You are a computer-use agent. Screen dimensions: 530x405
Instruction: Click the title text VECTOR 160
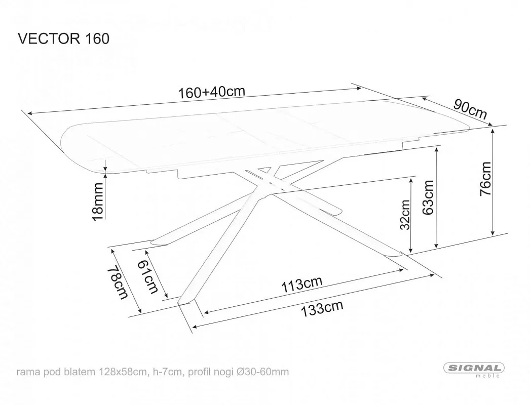pyautogui.click(x=63, y=38)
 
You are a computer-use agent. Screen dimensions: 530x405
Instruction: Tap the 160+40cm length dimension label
pyautogui.click(x=211, y=92)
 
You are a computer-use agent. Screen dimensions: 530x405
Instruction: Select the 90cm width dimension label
pyautogui.click(x=470, y=109)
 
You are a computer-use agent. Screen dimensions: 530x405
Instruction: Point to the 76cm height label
pyautogui.click(x=485, y=179)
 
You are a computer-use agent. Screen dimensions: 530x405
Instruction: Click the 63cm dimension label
pyautogui.click(x=428, y=197)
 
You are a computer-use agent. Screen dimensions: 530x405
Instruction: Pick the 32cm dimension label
pyautogui.click(x=405, y=215)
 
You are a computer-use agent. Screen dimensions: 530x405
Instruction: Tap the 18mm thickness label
pyautogui.click(x=98, y=201)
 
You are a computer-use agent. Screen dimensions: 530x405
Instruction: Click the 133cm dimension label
pyautogui.click(x=322, y=308)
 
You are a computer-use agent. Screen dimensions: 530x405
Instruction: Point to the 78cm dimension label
pyautogui.click(x=118, y=283)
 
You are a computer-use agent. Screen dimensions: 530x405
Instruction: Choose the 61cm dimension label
pyautogui.click(x=148, y=277)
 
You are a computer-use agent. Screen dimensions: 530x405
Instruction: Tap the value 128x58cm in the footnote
pyautogui.click(x=123, y=372)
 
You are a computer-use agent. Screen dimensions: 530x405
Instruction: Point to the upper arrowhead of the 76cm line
pyautogui.click(x=493, y=129)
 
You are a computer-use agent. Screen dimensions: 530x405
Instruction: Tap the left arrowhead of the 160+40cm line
pyautogui.click(x=30, y=113)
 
